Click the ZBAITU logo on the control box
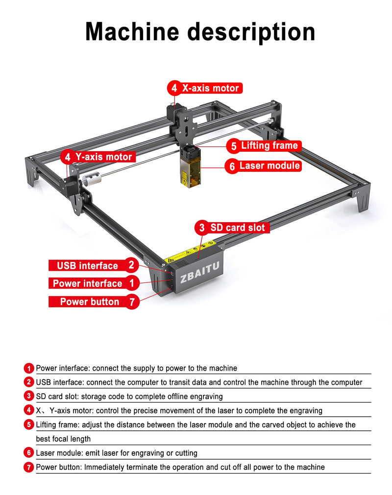coord(200,278)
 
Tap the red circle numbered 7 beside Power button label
coord(131,302)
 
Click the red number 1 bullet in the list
coord(28,368)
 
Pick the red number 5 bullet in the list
coord(28,424)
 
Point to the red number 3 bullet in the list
coord(28,396)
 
